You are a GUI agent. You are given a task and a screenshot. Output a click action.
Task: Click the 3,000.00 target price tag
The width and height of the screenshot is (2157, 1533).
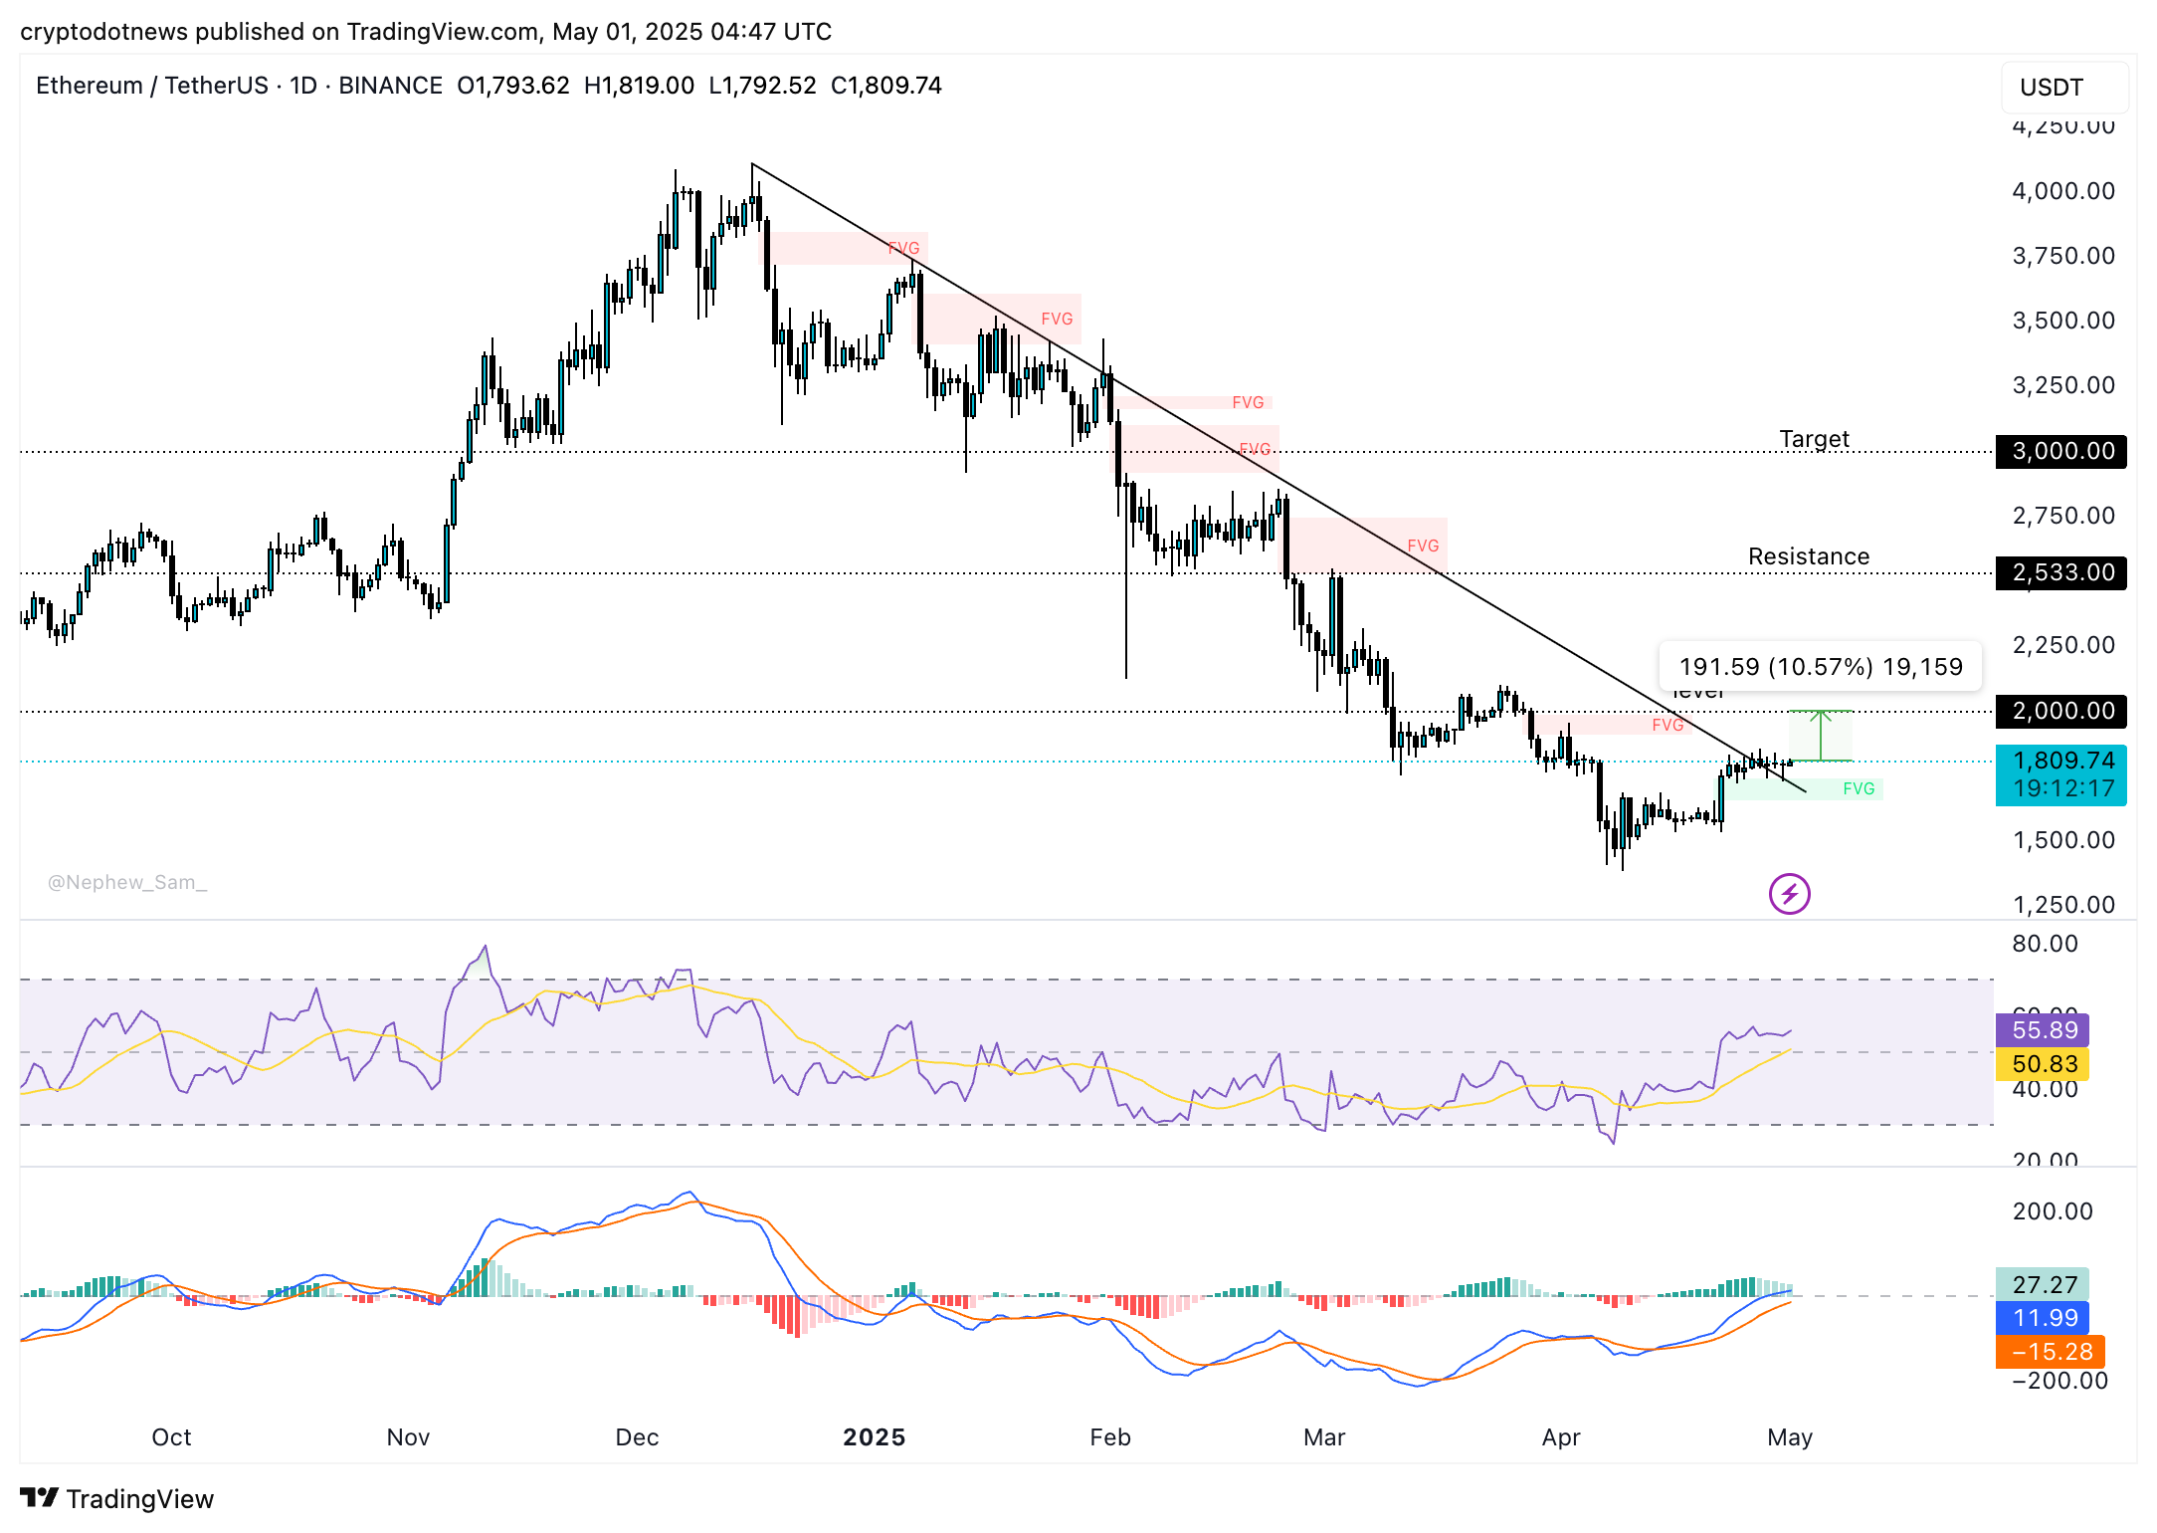click(x=2060, y=451)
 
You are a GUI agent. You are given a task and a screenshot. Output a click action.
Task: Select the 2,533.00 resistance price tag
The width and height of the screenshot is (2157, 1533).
click(x=2060, y=572)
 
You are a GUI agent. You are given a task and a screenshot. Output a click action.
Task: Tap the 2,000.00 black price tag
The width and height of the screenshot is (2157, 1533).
click(x=2060, y=711)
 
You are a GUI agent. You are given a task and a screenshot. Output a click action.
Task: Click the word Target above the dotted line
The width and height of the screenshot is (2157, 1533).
click(x=1814, y=439)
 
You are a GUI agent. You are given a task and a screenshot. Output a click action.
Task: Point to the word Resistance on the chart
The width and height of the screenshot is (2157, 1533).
click(x=1808, y=556)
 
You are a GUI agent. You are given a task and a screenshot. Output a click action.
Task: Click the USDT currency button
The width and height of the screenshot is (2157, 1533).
click(x=2063, y=88)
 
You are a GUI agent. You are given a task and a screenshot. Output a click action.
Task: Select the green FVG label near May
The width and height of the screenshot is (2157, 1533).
click(x=1858, y=788)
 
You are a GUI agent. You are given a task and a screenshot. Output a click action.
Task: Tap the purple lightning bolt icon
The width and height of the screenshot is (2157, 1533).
click(x=1789, y=894)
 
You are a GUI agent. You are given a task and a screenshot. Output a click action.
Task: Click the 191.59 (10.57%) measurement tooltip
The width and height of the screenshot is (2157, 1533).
click(x=1820, y=667)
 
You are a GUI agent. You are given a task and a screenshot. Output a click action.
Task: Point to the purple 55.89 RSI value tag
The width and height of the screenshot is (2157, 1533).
click(x=2044, y=1030)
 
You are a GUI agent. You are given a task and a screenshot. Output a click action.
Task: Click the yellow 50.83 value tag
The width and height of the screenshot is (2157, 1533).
click(x=2044, y=1064)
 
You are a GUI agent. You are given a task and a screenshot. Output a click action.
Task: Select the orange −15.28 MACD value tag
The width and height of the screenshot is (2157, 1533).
click(x=2050, y=1352)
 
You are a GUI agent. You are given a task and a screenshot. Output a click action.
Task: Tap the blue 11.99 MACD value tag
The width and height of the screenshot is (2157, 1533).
click(x=2044, y=1318)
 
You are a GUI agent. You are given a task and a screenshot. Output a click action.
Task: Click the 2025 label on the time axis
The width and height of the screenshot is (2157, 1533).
click(x=874, y=1437)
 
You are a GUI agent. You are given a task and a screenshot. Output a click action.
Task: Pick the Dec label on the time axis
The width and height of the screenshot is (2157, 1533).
click(x=637, y=1437)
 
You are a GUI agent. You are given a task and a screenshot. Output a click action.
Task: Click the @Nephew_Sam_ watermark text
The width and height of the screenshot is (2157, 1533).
click(x=127, y=882)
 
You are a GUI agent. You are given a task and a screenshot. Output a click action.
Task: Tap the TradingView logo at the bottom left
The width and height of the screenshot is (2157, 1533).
click(x=117, y=1498)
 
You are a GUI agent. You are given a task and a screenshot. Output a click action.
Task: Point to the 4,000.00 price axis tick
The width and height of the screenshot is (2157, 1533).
click(x=2062, y=191)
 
